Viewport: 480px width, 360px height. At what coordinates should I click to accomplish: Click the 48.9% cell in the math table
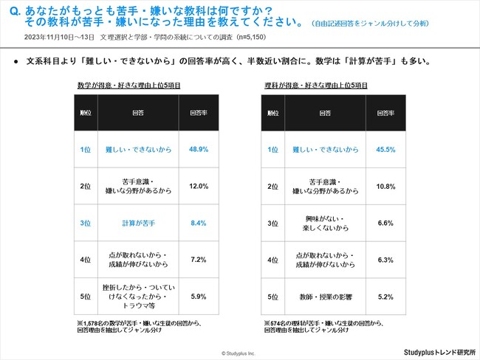pos(199,149)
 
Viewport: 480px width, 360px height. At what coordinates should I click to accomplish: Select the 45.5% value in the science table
pos(385,149)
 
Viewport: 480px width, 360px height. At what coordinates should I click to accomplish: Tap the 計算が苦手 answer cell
pos(137,223)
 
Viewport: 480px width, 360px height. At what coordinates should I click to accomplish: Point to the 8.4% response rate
pos(199,223)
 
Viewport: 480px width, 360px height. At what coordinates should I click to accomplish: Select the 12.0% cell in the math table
pos(199,186)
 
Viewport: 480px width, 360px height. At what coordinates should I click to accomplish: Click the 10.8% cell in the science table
pos(385,186)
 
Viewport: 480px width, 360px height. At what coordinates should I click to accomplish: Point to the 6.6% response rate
pos(385,223)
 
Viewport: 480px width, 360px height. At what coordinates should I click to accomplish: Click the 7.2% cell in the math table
pos(199,260)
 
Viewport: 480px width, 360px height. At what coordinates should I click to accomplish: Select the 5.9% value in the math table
pos(199,296)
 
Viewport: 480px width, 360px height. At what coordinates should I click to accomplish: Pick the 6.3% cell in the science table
pos(385,260)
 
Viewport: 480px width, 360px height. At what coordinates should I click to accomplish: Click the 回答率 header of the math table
pos(199,114)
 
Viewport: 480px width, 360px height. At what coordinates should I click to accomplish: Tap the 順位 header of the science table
pos(273,114)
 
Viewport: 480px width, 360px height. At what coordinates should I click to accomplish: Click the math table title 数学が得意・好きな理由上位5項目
pos(128,86)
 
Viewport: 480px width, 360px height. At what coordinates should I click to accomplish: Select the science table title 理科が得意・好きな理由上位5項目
pos(315,86)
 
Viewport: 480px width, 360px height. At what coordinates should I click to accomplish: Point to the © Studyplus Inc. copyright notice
pos(238,354)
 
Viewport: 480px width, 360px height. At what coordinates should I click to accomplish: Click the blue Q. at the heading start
pos(14,13)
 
